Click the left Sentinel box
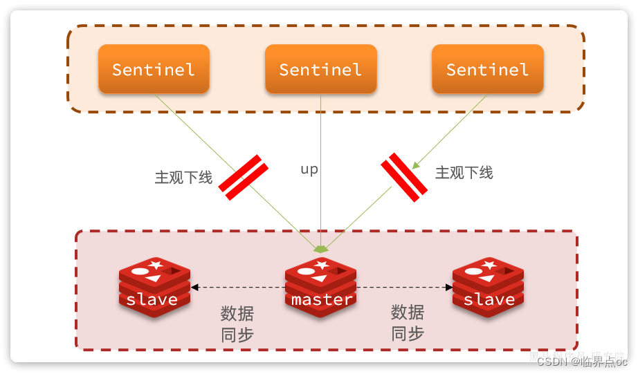coord(154,69)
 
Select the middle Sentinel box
coord(320,69)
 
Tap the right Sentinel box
coord(487,69)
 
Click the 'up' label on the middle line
coord(309,169)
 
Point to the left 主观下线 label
coord(183,177)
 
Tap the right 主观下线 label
coord(464,173)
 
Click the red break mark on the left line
coord(244,178)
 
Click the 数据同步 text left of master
coord(237,324)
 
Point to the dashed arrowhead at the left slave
coord(194,287)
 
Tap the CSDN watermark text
coord(581,361)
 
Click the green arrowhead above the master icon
coord(320,248)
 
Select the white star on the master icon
coord(322,265)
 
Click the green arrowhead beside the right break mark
coord(416,165)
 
